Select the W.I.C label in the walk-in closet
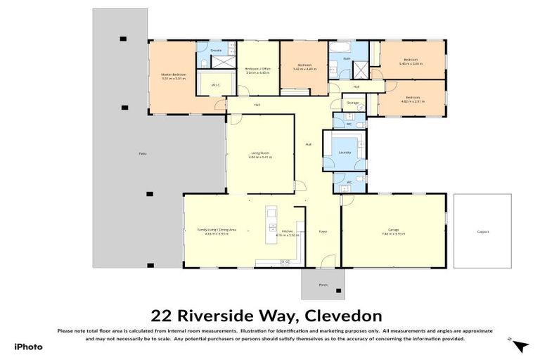pos(215,86)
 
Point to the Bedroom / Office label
pos(257,68)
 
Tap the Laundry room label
pos(345,151)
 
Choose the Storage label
pos(352,103)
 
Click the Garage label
pos(393,230)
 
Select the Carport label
pos(482,231)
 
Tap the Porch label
pos(323,285)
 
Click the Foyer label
pos(323,231)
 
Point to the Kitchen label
pos(287,231)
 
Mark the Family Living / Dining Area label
pos(216,230)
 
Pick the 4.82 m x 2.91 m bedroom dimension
pos(411,101)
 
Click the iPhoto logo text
pos(28,347)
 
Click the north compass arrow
pos(520,345)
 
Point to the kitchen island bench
pos(271,224)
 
